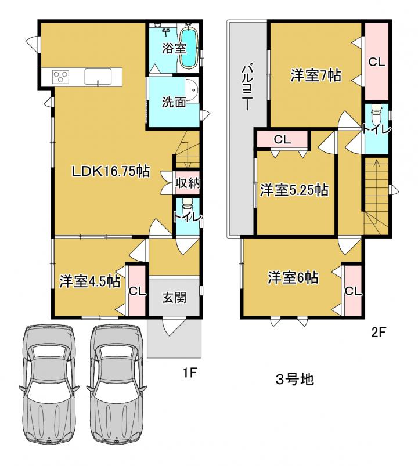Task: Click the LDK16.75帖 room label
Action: click(111, 171)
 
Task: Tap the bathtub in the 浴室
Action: click(189, 48)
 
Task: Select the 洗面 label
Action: click(174, 102)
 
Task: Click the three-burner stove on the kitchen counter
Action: click(60, 77)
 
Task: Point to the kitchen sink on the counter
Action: click(98, 77)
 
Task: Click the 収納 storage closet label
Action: click(188, 183)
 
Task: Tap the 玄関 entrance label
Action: click(174, 297)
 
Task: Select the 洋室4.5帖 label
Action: click(89, 281)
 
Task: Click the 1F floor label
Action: click(190, 373)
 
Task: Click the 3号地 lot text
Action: click(294, 380)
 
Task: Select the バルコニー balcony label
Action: click(247, 88)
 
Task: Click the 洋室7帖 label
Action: click(315, 75)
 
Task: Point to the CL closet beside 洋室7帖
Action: click(377, 62)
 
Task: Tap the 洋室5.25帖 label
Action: click(294, 190)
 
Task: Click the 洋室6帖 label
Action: click(293, 277)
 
